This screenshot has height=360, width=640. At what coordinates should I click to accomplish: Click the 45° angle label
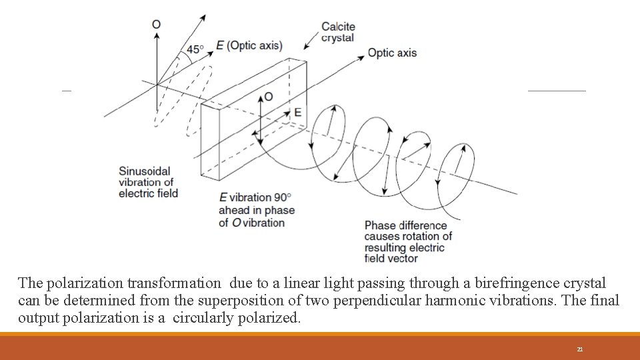(195, 49)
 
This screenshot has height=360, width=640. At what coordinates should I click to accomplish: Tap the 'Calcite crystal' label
(338, 32)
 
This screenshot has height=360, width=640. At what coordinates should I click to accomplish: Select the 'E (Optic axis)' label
(249, 45)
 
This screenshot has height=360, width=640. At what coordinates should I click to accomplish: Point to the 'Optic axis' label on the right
(392, 53)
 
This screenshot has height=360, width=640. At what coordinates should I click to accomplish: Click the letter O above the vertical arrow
(156, 25)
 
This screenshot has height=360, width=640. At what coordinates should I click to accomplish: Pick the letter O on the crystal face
(268, 97)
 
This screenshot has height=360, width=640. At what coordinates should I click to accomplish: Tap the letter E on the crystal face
(297, 112)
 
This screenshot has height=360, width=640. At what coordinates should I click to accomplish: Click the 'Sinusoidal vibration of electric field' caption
(148, 181)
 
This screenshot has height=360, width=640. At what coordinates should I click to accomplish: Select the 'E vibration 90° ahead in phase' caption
(257, 210)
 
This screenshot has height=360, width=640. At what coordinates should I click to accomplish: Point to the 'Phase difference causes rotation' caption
(408, 241)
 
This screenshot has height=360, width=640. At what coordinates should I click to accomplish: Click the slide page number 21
(580, 349)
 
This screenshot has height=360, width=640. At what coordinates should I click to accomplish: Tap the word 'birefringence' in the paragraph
(493, 283)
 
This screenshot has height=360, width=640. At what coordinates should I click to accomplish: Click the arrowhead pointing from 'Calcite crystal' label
(306, 47)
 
